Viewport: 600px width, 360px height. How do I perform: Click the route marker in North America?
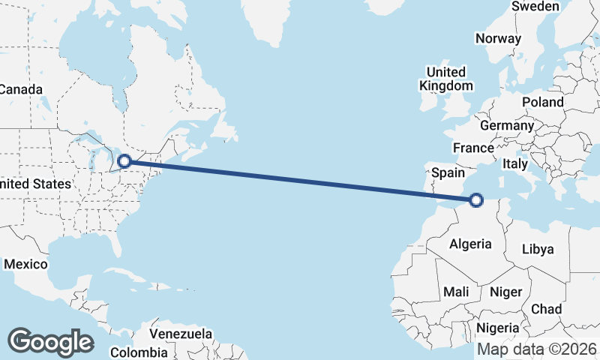tap(125, 160)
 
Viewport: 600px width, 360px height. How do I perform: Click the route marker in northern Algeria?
tap(476, 199)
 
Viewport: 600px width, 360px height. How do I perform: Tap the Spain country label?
tap(448, 172)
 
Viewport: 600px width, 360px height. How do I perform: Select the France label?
tap(473, 148)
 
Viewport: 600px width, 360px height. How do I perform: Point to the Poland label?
tap(544, 102)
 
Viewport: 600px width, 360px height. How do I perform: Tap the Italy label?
tap(515, 163)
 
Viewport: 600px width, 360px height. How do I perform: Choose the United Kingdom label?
tap(445, 79)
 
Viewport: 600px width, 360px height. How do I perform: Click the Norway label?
tap(498, 39)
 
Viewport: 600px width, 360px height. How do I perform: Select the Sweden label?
tap(535, 7)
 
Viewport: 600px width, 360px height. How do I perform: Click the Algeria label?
tap(470, 244)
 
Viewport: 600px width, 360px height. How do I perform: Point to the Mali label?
tap(456, 291)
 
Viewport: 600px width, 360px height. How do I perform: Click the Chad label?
tap(546, 309)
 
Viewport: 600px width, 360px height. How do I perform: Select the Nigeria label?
tap(498, 328)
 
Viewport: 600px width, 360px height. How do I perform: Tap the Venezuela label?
tap(181, 334)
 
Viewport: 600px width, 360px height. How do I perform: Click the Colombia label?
tap(139, 352)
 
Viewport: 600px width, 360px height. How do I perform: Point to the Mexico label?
tap(25, 265)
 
